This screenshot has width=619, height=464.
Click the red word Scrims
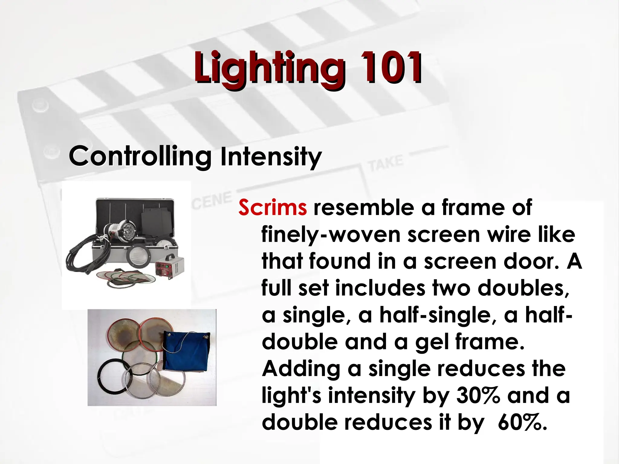point(272,208)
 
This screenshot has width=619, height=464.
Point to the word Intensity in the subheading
point(271,157)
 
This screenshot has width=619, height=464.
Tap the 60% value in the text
point(522,422)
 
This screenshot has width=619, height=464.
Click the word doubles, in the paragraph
point(523,288)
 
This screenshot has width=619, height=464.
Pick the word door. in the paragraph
point(529,261)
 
